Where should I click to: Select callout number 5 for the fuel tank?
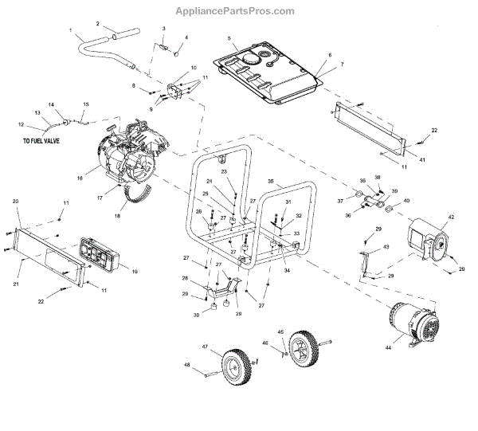tap(229, 38)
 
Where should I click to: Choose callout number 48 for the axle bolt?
tap(188, 366)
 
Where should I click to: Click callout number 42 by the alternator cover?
tap(450, 216)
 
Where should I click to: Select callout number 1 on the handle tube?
tap(72, 33)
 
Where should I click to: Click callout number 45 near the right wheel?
tap(280, 331)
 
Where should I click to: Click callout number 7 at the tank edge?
tap(342, 63)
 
